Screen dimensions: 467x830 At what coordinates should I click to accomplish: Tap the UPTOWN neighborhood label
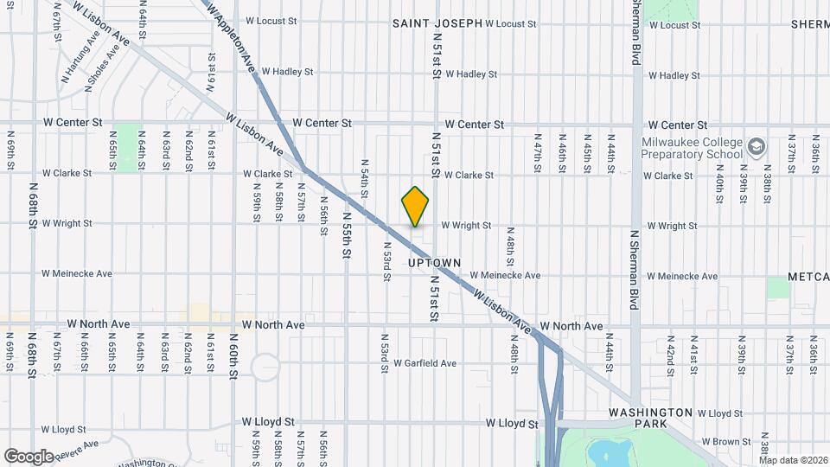point(434,262)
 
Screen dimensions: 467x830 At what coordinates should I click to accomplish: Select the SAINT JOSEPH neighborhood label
point(437,23)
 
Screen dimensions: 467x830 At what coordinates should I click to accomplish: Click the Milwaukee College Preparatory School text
point(691,148)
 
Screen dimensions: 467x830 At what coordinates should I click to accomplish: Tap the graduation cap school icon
point(757,147)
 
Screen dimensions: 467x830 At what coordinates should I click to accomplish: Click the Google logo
point(29,456)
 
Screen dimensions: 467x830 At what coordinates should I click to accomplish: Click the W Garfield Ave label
point(425,363)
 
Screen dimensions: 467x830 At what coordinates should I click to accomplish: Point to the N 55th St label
point(346,234)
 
